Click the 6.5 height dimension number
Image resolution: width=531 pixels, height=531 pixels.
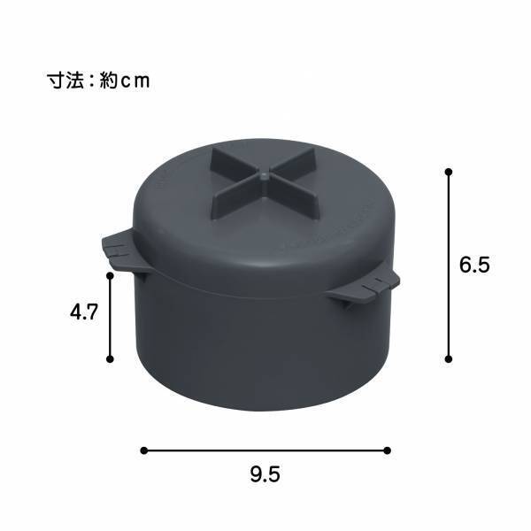pyautogui.click(x=474, y=265)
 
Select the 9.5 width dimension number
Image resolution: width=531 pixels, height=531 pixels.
pyautogui.click(x=265, y=475)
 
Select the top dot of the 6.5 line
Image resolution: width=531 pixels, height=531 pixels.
pyautogui.click(x=449, y=171)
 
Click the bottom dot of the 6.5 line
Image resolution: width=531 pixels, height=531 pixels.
pyautogui.click(x=449, y=358)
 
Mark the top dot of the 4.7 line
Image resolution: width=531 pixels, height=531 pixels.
pyautogui.click(x=111, y=275)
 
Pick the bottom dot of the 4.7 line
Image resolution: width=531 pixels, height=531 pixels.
pyautogui.click(x=111, y=358)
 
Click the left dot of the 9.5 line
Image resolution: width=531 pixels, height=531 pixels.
pyautogui.click(x=144, y=450)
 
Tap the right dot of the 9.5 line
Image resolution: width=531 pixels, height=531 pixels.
pyautogui.click(x=389, y=450)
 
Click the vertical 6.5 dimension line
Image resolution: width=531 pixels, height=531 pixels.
pyautogui.click(x=449, y=265)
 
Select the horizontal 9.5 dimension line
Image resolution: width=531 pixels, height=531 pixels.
pyautogui.click(x=265, y=450)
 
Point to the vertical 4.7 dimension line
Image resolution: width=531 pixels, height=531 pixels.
pyautogui.click(x=111, y=317)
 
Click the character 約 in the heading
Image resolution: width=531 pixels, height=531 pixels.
pyautogui.click(x=109, y=81)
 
